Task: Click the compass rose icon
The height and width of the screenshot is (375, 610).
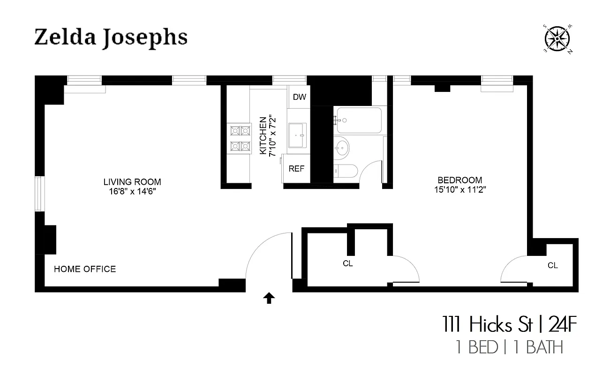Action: point(556,38)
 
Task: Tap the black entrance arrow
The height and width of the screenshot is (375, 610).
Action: point(269,298)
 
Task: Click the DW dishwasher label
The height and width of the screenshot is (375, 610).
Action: point(299,97)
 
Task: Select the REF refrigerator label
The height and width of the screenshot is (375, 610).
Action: point(296,169)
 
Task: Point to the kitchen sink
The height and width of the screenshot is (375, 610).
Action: point(297,135)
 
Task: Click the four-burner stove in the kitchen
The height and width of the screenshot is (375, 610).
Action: point(239,139)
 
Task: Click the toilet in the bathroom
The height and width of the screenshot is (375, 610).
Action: point(346,172)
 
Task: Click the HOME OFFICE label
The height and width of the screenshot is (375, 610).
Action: point(85,269)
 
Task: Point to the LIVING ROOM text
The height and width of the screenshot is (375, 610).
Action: point(132,182)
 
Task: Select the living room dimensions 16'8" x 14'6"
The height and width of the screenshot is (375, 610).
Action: point(132,191)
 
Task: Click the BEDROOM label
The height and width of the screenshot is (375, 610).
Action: point(459,180)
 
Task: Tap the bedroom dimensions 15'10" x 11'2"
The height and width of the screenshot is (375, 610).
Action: point(459,189)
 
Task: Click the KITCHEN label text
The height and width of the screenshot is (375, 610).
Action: point(263,136)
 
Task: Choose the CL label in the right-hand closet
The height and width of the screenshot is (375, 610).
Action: point(553,265)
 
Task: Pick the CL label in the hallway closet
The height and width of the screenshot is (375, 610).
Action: point(347,263)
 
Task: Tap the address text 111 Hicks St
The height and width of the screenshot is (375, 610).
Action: point(487,324)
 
